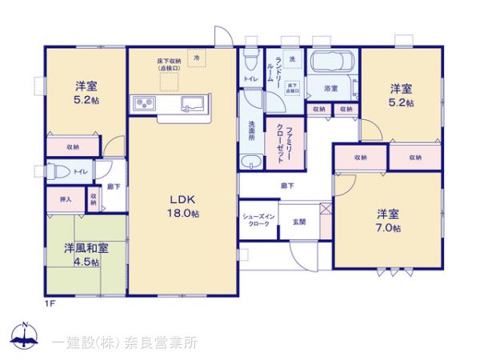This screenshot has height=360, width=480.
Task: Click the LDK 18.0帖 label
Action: [183, 206]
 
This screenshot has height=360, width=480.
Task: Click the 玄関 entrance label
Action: [298, 221]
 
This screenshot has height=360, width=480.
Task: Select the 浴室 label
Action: [331, 88]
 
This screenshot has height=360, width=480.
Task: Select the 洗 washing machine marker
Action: [291, 59]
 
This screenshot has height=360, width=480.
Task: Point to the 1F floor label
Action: [49, 302]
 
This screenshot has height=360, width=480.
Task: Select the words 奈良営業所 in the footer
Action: [158, 342]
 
